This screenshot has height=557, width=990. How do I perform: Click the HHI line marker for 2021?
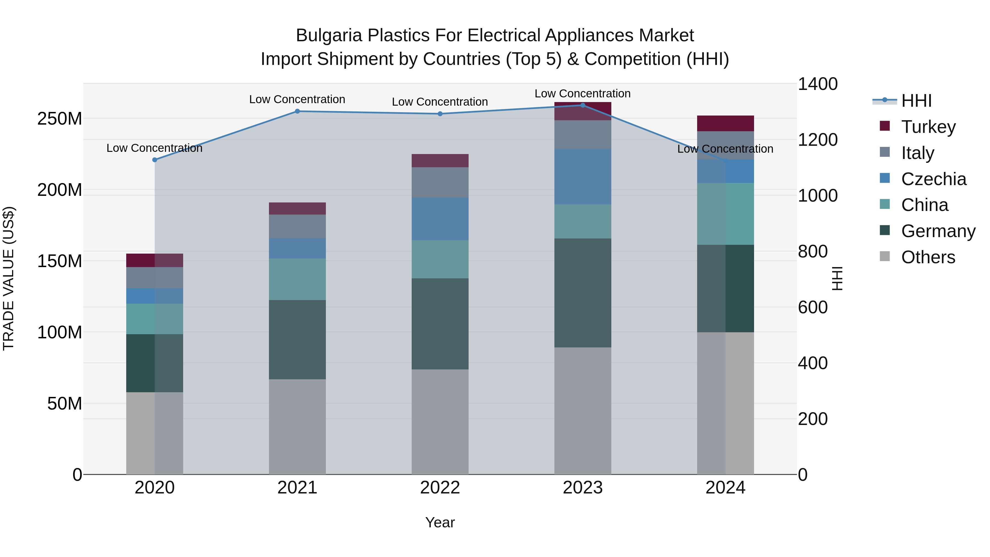click(297, 111)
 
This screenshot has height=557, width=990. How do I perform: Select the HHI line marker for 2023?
click(583, 105)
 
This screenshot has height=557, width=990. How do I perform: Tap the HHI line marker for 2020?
click(155, 160)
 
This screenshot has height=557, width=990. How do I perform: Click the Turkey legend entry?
click(928, 127)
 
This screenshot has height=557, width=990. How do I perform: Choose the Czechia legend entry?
click(933, 179)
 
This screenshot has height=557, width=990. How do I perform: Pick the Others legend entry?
click(928, 257)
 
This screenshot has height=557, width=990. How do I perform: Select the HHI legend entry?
click(916, 101)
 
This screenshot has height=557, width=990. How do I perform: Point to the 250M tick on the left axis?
click(60, 119)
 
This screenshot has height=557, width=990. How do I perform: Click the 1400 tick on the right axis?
click(818, 84)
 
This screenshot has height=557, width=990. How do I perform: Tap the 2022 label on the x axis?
click(440, 488)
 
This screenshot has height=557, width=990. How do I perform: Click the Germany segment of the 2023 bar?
click(583, 293)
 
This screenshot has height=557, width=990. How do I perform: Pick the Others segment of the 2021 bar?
click(297, 427)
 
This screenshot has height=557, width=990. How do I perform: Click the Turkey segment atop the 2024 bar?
click(725, 124)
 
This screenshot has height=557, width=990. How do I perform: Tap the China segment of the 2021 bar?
click(297, 279)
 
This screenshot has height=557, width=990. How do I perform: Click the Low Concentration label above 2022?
click(440, 102)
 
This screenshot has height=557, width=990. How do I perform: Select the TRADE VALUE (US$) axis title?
click(9, 278)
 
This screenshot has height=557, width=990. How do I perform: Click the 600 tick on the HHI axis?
click(812, 308)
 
